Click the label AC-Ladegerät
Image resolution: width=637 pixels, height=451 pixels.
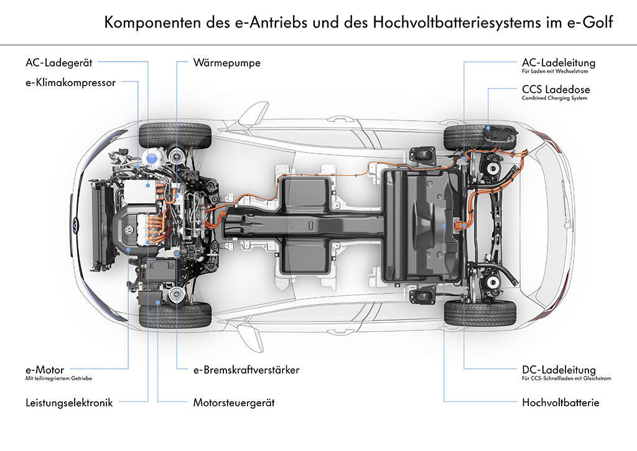click(x=59, y=62)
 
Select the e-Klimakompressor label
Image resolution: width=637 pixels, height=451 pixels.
click(x=70, y=82)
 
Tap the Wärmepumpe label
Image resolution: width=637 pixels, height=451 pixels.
click(x=226, y=63)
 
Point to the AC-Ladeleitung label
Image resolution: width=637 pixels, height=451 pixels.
click(x=558, y=63)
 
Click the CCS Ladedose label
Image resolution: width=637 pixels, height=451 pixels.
click(x=556, y=90)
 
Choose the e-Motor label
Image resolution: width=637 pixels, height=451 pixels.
click(x=45, y=369)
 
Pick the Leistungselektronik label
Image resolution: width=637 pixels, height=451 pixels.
click(x=69, y=402)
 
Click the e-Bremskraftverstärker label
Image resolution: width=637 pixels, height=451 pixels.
click(x=246, y=369)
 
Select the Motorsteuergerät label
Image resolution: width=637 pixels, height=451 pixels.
click(x=233, y=402)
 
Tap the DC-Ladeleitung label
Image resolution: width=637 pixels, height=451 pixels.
click(x=559, y=370)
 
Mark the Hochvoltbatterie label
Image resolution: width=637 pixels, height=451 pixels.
click(x=560, y=402)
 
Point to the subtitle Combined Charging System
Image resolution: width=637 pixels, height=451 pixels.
click(x=554, y=98)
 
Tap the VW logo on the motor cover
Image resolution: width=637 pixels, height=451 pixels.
click(x=129, y=231)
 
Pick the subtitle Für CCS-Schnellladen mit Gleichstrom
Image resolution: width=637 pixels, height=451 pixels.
click(x=566, y=378)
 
